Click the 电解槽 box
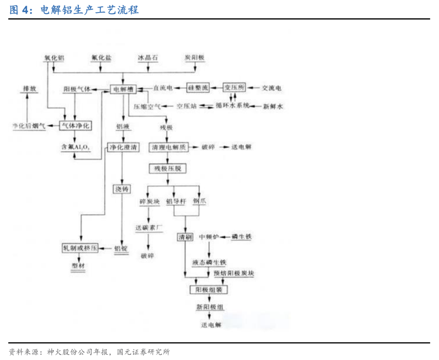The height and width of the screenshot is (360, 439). coord(123,89)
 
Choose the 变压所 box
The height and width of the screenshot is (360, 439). coord(235,87)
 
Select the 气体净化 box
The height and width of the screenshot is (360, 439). coord(75,126)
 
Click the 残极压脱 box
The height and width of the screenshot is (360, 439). coord(167,168)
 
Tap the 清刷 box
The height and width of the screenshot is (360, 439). coord(185,237)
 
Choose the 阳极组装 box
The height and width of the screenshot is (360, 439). coord(209,290)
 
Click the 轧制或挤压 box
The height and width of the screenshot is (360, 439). coord(80,248)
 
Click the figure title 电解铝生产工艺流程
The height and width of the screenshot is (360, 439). coord(90,10)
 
